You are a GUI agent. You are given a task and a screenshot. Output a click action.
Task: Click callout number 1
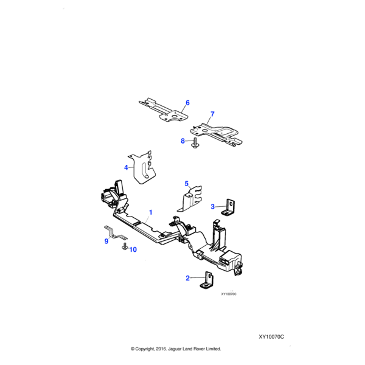pos(151,213)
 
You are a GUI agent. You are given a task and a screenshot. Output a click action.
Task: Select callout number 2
pos(188,278)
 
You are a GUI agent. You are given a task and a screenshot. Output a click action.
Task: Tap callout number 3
pos(213,206)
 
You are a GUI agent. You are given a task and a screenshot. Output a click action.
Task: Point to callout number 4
pos(126,167)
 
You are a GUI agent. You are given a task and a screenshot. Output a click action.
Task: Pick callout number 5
pos(187,182)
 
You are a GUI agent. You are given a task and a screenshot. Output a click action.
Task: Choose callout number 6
pos(187,103)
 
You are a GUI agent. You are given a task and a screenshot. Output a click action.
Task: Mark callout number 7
pos(212,114)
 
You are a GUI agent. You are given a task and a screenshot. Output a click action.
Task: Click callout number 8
pos(182,141)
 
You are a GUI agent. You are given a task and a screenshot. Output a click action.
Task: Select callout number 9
pos(106,241)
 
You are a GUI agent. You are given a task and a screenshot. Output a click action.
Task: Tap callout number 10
pos(133,249)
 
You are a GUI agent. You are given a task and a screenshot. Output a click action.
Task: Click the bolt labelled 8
pos(194,143)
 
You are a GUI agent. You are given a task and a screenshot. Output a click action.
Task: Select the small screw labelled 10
pos(124,247)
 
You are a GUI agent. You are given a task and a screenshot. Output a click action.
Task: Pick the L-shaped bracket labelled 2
pos(207,279)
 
